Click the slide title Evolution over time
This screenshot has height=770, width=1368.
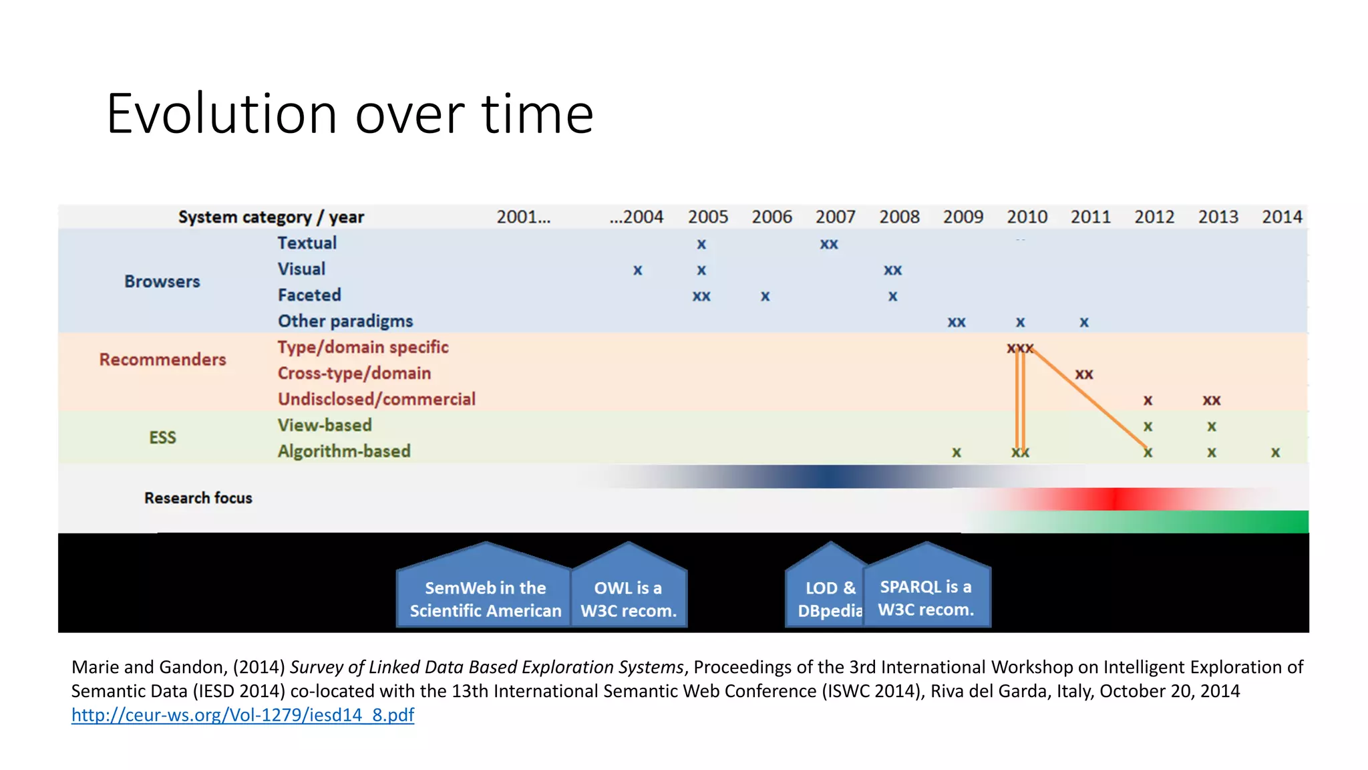(x=349, y=114)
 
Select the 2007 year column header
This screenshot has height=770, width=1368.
(x=835, y=217)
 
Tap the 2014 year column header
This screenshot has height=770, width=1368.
(x=1281, y=217)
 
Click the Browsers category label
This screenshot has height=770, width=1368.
(x=162, y=281)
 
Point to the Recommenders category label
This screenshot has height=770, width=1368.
(x=162, y=360)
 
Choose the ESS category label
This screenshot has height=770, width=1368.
(x=162, y=438)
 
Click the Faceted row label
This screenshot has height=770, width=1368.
(x=309, y=295)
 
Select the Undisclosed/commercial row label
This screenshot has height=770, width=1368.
(x=376, y=399)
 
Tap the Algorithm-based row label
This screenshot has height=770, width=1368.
(x=344, y=451)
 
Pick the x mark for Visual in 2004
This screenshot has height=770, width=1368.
(x=638, y=271)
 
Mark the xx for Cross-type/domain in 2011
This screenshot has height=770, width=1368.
(x=1084, y=374)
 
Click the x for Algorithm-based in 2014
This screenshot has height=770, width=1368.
(x=1275, y=453)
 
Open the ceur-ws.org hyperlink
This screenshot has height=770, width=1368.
(x=242, y=715)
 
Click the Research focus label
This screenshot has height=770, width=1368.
(x=198, y=498)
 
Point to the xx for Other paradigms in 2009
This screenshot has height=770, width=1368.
(x=957, y=323)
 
